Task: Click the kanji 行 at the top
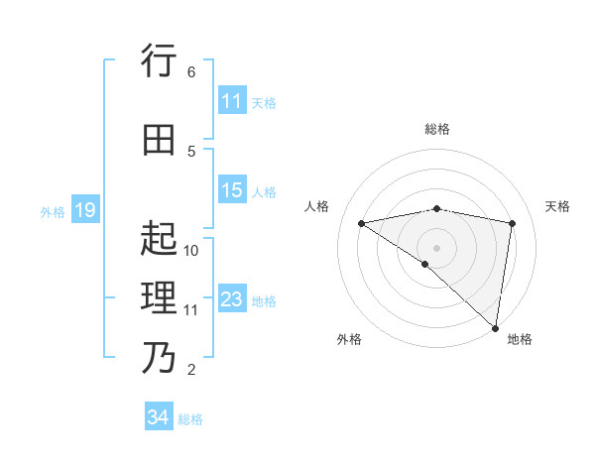click(159, 62)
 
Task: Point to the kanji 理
click(159, 296)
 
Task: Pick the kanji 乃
click(159, 356)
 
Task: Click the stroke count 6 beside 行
click(191, 72)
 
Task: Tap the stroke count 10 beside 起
click(191, 250)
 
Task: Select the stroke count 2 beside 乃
click(191, 370)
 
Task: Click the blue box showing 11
click(231, 101)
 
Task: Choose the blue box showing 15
click(231, 190)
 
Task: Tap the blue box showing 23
click(231, 299)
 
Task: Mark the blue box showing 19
click(84, 210)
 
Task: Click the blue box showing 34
click(158, 417)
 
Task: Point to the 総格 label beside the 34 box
click(190, 419)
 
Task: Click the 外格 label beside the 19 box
click(53, 211)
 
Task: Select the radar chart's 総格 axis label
click(437, 129)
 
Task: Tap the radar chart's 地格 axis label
click(520, 339)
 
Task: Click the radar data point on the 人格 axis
click(362, 223)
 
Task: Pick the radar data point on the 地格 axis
click(496, 327)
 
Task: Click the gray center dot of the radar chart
click(436, 247)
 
